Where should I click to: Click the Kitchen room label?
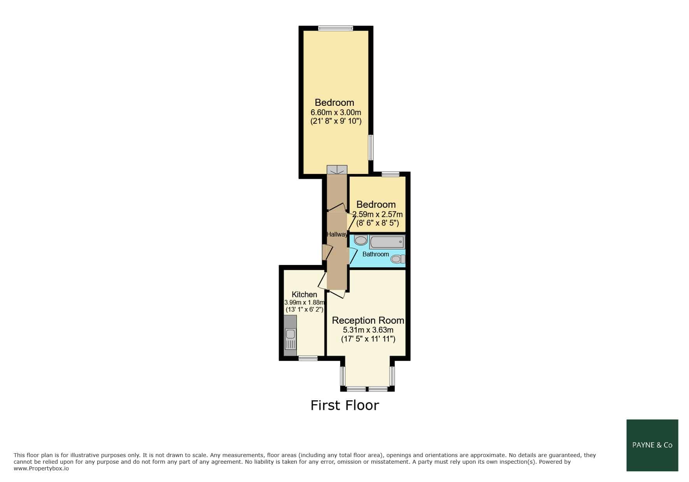pos(304,294)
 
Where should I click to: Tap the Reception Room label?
pos(368,320)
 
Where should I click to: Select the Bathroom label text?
pos(376,254)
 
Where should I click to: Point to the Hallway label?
pos(337,234)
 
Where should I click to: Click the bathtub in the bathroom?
pos(387,242)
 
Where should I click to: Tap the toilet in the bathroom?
pos(398,259)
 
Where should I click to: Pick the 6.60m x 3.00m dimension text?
pos(336,112)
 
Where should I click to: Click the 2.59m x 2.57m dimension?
pos(377,214)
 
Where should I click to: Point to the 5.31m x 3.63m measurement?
pos(368,330)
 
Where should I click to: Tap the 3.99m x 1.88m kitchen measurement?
pos(304,302)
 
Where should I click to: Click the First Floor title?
pos(345,405)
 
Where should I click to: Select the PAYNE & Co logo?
pos(652,445)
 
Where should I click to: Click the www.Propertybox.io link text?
pos(41,469)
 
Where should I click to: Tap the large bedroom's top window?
pos(336,28)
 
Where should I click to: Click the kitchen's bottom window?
pos(308,358)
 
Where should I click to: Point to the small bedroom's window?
pos(391,174)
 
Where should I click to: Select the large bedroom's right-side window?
pos(371,147)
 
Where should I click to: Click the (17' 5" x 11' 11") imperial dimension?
pos(368,339)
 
